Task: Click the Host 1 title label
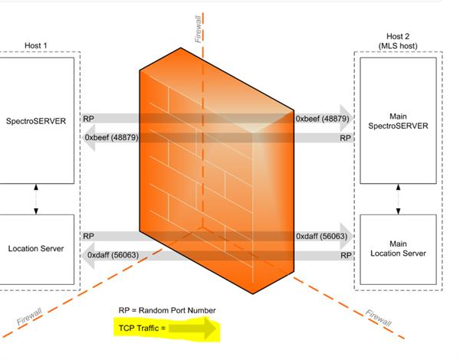pos(34,46)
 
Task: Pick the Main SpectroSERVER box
pos(399,121)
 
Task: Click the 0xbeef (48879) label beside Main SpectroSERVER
pos(323,119)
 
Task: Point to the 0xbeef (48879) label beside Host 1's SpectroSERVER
pos(112,138)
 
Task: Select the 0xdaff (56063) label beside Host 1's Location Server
pos(113,255)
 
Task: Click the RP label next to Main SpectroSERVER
pos(346,139)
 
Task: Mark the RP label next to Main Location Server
pos(346,255)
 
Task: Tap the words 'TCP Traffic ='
pos(143,329)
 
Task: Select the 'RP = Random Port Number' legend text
pos(167,310)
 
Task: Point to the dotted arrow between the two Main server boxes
pos(397,199)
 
